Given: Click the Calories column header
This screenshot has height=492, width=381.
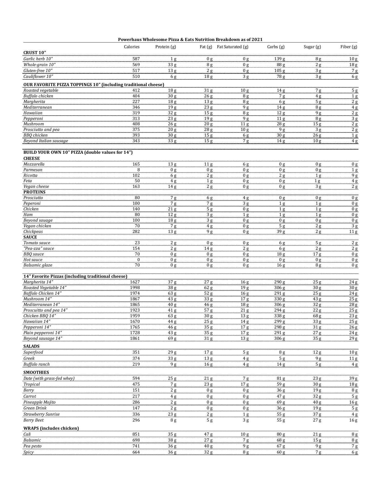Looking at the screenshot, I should (132, 47).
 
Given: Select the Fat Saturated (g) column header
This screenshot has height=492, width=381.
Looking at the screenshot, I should (232, 47).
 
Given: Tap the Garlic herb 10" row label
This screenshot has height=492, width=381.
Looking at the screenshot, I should (38, 59).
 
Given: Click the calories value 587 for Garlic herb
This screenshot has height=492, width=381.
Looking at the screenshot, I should (136, 59).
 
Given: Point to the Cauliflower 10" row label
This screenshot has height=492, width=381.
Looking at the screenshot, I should (38, 76).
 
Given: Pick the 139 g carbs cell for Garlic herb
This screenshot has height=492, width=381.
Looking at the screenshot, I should (279, 59).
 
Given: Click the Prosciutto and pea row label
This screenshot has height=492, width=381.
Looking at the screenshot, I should (41, 129).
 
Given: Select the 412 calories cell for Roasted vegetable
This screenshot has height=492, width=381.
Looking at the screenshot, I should (136, 90).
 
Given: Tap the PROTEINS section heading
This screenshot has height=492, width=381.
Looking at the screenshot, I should (34, 192).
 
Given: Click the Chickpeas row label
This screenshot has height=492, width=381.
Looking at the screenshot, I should (33, 231).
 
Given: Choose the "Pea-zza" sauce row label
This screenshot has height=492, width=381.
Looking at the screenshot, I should (39, 248).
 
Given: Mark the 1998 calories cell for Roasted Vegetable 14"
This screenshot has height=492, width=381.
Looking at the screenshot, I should (135, 288).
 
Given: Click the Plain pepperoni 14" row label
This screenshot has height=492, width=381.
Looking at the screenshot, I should (43, 333).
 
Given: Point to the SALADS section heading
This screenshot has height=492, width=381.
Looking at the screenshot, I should (31, 346).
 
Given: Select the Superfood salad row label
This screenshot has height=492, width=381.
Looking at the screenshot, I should (33, 352).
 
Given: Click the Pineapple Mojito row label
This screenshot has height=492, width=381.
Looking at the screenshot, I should (39, 402).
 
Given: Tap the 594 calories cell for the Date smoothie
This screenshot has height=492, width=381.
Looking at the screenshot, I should (136, 378).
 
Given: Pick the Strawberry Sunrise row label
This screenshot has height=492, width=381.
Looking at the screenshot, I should (41, 414).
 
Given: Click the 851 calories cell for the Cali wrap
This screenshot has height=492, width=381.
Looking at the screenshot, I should (136, 434).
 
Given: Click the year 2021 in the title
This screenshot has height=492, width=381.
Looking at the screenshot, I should (257, 39).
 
